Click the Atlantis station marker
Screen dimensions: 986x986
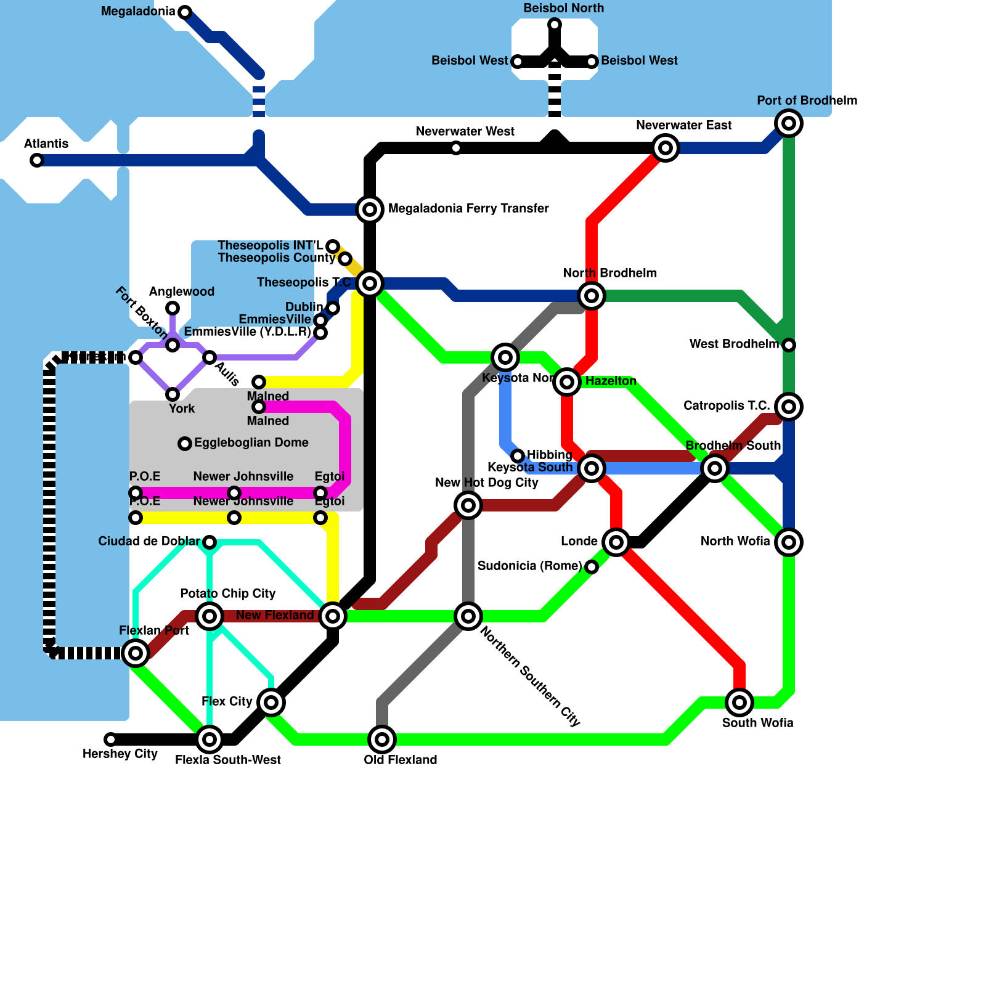tap(37, 160)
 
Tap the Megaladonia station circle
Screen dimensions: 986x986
tap(184, 12)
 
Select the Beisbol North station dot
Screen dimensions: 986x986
tap(555, 25)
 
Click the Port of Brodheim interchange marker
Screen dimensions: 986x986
tap(789, 123)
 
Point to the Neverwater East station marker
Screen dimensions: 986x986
tap(666, 148)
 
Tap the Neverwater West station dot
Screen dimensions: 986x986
tap(456, 148)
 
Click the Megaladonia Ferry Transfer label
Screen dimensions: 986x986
tap(468, 208)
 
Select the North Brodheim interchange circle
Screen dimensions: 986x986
tap(592, 296)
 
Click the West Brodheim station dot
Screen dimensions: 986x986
tap(789, 345)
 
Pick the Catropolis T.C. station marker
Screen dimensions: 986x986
tap(789, 407)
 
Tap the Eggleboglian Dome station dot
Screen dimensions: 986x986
tap(185, 444)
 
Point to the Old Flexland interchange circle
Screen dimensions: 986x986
tap(382, 739)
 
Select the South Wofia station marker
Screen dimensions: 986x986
tap(739, 703)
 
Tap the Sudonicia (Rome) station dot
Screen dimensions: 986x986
tap(592, 567)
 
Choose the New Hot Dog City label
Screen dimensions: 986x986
tap(487, 483)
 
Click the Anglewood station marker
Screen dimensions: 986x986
tap(173, 308)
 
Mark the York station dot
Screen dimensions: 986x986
tap(173, 394)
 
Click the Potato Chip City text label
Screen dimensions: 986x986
tap(228, 593)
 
